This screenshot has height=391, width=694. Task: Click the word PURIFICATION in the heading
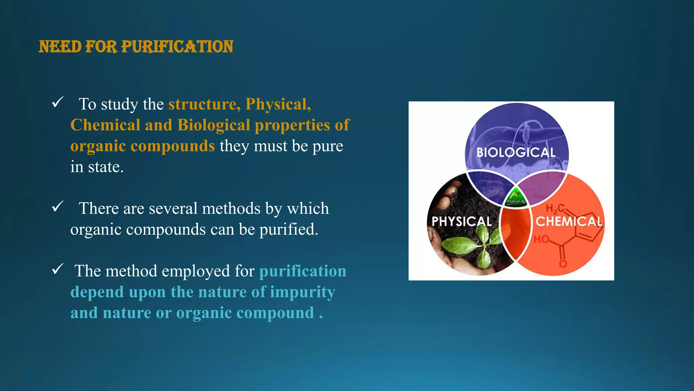(x=177, y=47)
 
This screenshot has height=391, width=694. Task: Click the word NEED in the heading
(x=60, y=47)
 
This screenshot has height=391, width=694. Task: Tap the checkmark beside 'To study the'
(x=58, y=102)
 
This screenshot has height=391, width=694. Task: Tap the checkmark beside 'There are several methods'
(x=58, y=206)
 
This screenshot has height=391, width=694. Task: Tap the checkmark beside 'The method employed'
(x=58, y=269)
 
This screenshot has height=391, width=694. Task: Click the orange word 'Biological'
(x=213, y=125)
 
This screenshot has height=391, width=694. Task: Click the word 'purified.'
(x=289, y=229)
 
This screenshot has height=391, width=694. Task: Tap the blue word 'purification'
(x=303, y=271)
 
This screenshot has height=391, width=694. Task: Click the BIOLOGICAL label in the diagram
(x=516, y=152)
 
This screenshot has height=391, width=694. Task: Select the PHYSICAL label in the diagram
(x=462, y=222)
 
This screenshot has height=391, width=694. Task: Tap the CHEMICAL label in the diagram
(x=569, y=222)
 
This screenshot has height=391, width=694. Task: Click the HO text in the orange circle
(x=541, y=240)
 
